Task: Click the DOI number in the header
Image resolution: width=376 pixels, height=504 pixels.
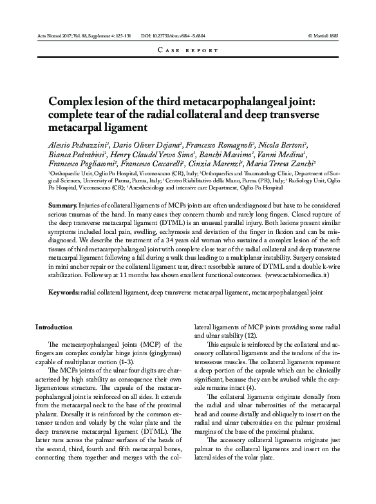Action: click(x=176, y=36)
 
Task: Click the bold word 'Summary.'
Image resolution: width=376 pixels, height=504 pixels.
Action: click(x=63, y=204)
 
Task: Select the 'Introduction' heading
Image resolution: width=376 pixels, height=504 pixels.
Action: click(x=55, y=327)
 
